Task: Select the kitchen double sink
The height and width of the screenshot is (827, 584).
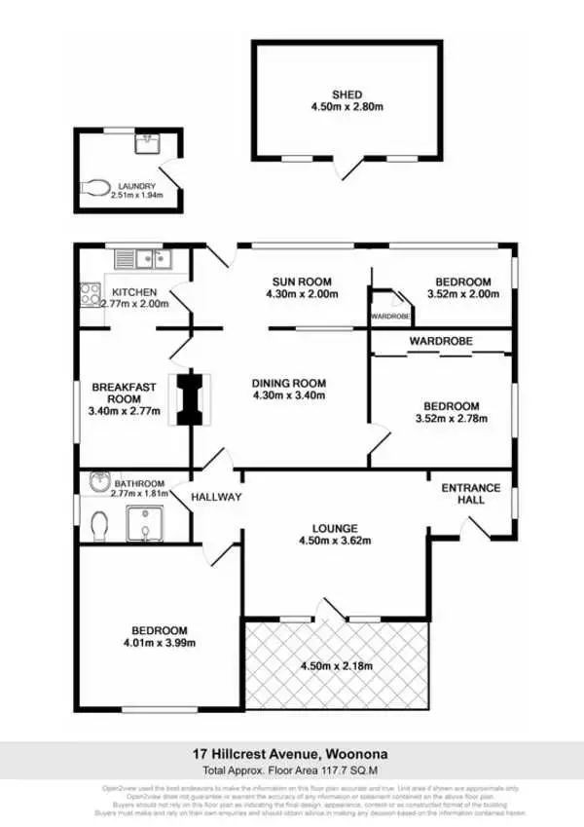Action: [x=142, y=258]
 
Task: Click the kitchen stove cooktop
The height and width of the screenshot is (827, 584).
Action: [x=91, y=292]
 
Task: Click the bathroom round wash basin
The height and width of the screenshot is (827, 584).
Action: [x=99, y=480]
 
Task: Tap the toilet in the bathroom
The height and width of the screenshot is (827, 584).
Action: [x=97, y=527]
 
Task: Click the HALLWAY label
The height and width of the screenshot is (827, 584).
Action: [x=216, y=497]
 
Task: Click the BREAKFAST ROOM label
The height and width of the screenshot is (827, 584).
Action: [x=125, y=394]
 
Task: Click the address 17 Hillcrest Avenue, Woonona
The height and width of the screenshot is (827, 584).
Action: [x=292, y=753]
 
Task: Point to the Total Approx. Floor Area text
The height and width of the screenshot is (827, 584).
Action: [x=292, y=768]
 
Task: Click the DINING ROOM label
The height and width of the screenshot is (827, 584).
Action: [x=288, y=382]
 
